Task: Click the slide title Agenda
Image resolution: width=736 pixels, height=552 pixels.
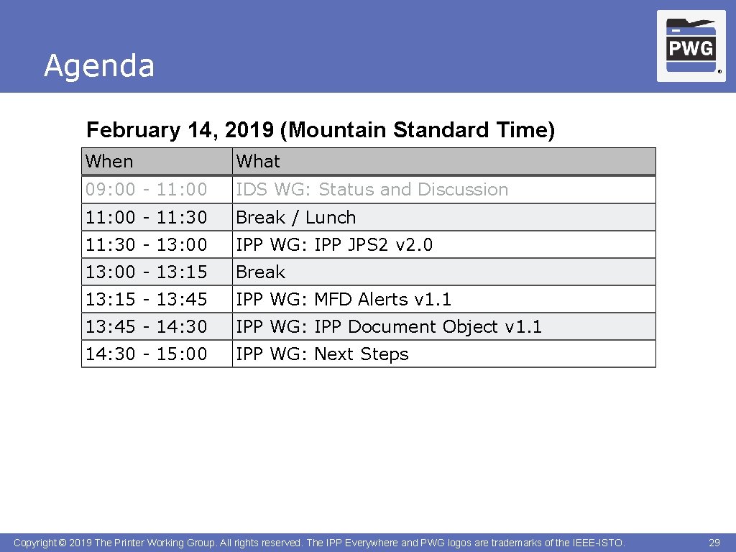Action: click(x=99, y=66)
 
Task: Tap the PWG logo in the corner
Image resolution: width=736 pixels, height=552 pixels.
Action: click(x=691, y=47)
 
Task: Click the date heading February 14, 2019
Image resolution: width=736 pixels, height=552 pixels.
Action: click(x=320, y=130)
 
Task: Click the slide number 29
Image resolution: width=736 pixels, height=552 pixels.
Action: click(x=714, y=543)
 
